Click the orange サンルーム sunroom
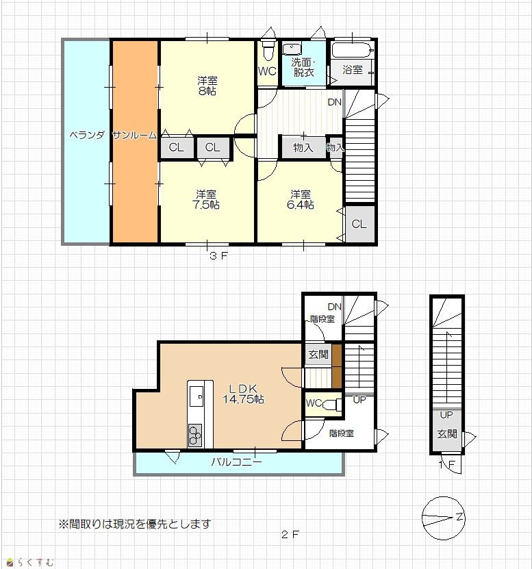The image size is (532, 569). coord(135,142)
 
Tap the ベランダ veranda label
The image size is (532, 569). coord(87,136)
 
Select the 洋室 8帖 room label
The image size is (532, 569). coord(207,86)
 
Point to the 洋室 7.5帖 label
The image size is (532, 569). coord(206,199)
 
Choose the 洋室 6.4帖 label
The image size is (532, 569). coord(301,199)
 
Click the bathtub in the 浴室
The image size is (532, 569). coord(353,50)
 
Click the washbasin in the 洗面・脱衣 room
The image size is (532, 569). coord(292,49)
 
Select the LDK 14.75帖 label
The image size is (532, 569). coord(243,394)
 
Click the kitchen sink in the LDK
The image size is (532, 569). coord(197,396)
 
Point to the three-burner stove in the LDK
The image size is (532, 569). coord(195,435)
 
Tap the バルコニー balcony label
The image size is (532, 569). coord(237,462)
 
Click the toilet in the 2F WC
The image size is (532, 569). coord(332,404)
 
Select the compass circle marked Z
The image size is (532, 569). coord(443,518)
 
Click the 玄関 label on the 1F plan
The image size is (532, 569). coord(446,433)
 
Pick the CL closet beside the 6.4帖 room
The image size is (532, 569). coord(359,224)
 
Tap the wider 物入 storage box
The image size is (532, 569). coord(304,147)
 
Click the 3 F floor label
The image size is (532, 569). coord(218,255)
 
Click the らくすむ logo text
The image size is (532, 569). coord(35,562)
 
